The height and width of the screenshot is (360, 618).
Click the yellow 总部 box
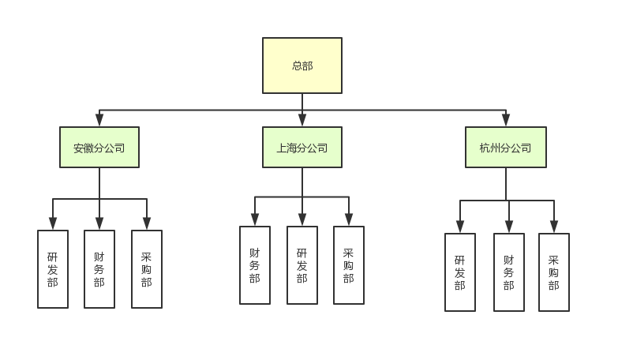[302, 66]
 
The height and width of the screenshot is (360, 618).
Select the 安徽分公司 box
[99, 148]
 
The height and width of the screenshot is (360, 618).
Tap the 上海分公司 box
[302, 148]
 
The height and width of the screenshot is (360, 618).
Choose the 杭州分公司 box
[506, 148]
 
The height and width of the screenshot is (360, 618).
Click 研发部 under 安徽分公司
[53, 269]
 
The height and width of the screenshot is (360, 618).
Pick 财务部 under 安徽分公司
[99, 269]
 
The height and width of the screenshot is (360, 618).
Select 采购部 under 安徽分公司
[147, 269]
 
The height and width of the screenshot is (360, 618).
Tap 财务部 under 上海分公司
[255, 265]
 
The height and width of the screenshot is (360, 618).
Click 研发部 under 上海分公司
[302, 265]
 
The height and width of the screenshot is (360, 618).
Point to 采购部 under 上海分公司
[349, 265]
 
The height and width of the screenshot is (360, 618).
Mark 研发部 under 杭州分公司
[460, 272]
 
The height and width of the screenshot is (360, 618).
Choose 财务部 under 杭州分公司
[509, 272]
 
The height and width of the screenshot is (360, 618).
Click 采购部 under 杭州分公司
[554, 272]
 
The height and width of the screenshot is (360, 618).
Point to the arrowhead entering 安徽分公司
[99, 121]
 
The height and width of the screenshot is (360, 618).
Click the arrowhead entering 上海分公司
[302, 121]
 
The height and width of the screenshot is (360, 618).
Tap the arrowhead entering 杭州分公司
[506, 121]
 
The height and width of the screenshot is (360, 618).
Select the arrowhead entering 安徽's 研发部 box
[53, 224]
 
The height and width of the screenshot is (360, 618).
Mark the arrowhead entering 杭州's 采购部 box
[554, 227]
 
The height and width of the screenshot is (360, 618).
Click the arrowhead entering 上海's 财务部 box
[255, 220]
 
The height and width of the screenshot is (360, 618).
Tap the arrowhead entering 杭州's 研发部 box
[460, 227]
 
